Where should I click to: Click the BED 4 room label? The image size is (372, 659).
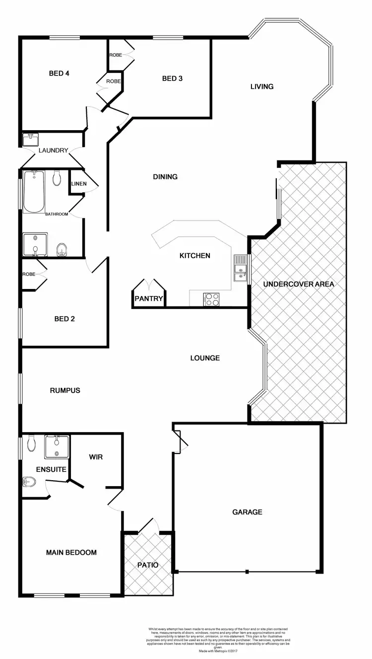(59, 73)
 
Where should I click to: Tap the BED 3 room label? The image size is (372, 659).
(172, 78)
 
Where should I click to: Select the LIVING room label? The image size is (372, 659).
(262, 86)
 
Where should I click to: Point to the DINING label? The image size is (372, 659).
(165, 177)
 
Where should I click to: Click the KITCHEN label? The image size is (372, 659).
(195, 256)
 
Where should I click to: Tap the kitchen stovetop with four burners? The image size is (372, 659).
(212, 299)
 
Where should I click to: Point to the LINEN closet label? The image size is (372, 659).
(79, 184)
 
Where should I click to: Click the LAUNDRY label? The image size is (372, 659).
(53, 150)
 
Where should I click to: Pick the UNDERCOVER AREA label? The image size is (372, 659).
(299, 285)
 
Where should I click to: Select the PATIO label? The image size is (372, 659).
(148, 565)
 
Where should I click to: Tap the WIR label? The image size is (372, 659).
(96, 457)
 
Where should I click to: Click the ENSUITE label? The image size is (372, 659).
(51, 469)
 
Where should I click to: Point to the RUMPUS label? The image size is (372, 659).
(65, 390)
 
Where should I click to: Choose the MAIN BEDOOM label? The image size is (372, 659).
(71, 552)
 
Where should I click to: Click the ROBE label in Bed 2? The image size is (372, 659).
(28, 274)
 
